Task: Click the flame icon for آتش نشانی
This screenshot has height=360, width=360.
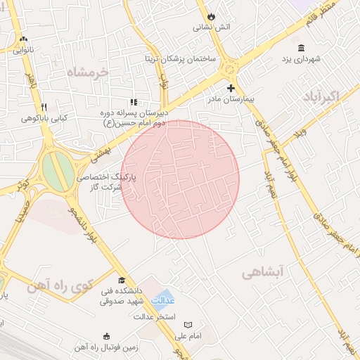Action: (x=210, y=15)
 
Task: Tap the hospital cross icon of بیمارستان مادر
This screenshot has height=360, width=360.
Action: (x=231, y=88)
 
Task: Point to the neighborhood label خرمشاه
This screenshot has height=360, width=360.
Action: (x=89, y=72)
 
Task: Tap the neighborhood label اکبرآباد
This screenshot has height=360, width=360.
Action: (x=323, y=96)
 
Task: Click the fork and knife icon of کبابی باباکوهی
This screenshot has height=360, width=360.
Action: (x=44, y=108)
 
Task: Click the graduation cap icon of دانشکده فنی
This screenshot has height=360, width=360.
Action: (x=122, y=280)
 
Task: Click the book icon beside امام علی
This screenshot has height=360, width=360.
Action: (x=187, y=325)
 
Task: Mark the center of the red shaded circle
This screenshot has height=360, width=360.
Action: (x=180, y=179)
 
